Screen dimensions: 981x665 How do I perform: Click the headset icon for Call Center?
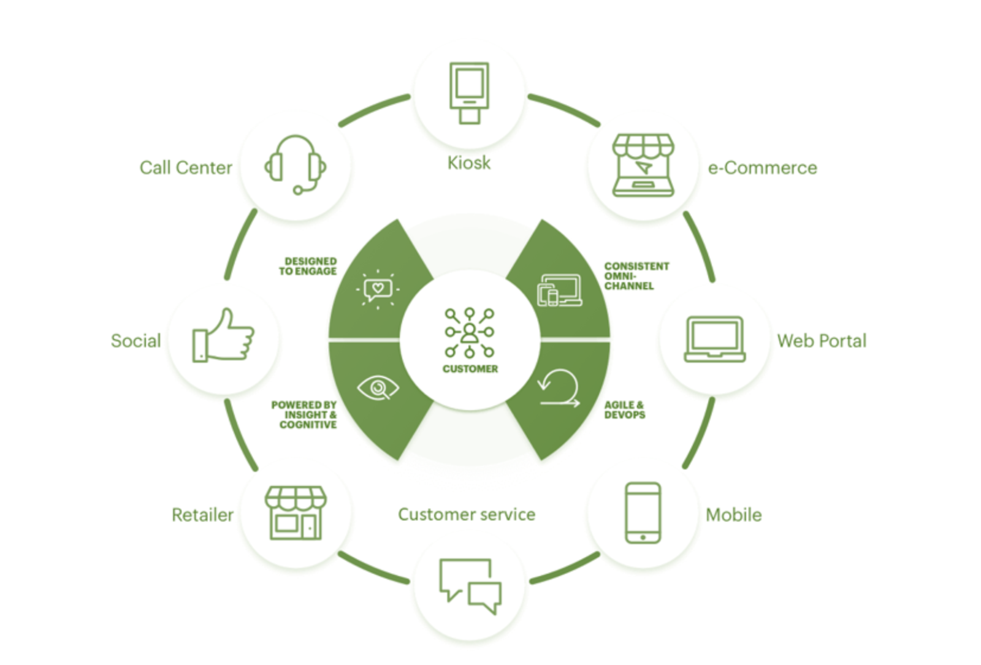pos(295,165)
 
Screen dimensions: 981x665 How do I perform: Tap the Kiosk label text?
pos(468,163)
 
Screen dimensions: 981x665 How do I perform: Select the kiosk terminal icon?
pos(469,93)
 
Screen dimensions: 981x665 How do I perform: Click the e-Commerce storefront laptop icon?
pos(643,165)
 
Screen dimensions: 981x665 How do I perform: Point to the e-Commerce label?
pos(763,168)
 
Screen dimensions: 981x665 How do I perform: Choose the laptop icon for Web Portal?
pos(715,340)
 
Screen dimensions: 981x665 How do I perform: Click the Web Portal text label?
pos(822,341)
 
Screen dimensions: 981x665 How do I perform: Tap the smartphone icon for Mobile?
pos(643,513)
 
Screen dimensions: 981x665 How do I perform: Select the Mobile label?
pos(733,515)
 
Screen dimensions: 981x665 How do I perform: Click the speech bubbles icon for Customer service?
pos(470,587)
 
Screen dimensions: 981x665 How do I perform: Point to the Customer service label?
pos(467,514)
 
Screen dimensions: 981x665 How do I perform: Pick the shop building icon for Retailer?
pos(296,513)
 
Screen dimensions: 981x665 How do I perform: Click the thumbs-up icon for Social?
pos(223,335)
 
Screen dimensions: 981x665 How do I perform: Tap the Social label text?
pos(136,341)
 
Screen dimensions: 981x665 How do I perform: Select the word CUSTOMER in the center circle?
pos(470,369)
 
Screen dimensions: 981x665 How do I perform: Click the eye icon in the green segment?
pos(378,387)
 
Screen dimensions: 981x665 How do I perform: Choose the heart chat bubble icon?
pos(378,289)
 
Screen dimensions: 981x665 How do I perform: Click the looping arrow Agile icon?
pos(559,389)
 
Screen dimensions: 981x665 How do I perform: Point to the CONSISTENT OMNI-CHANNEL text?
pos(637,276)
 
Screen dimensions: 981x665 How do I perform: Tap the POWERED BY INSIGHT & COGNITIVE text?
pos(304,415)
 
